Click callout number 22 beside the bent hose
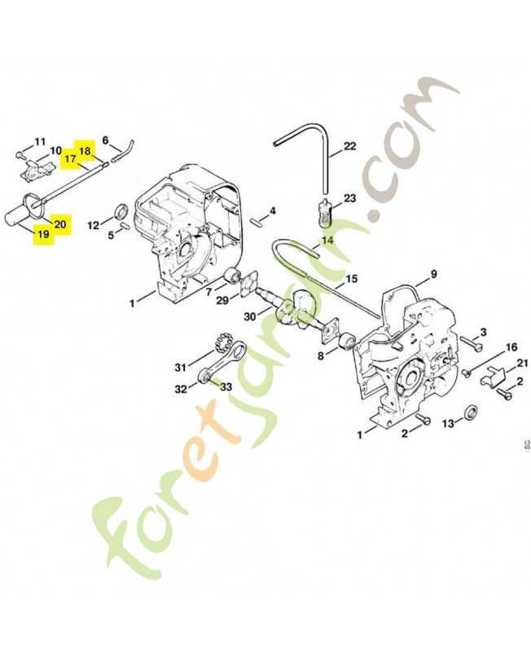click(350, 147)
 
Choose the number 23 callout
click(350, 198)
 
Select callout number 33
click(226, 386)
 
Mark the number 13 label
click(447, 424)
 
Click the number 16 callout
click(511, 347)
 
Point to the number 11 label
click(41, 141)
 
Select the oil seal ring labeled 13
click(472, 409)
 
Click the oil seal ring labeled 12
click(121, 214)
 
